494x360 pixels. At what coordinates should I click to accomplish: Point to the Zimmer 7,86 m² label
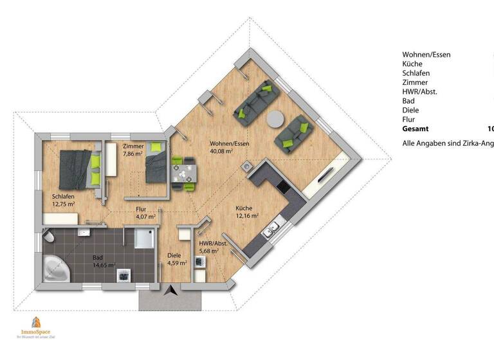click(133, 150)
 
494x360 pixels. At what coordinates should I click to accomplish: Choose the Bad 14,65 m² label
click(102, 260)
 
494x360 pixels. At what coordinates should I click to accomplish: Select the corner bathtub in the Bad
click(54, 269)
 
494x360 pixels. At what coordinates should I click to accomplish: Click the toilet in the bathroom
click(48, 237)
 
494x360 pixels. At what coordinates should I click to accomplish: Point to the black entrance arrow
click(170, 291)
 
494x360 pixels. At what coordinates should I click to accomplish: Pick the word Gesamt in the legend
click(416, 129)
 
